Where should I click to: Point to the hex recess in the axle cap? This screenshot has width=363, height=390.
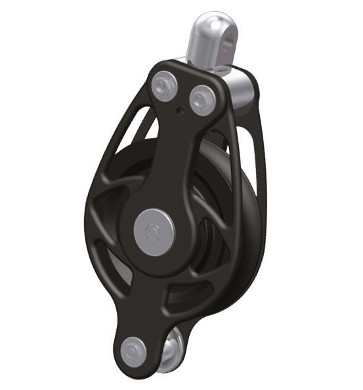point(152,230)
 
